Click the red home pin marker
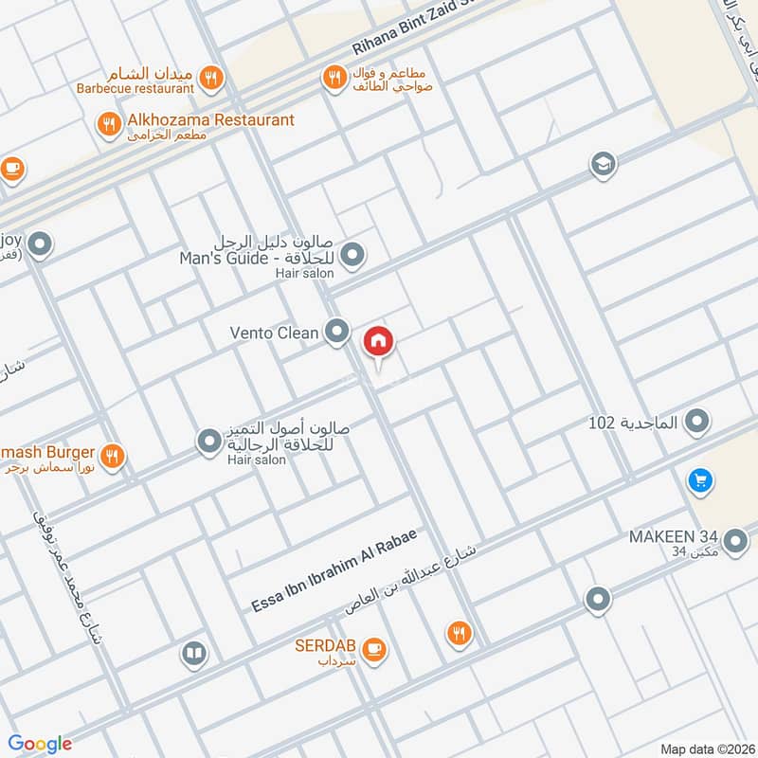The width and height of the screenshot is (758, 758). tap(378, 341)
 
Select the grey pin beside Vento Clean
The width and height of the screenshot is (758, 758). tap(336, 332)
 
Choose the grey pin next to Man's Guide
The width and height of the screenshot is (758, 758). tap(352, 255)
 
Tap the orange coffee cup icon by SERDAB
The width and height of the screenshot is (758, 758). tap(374, 648)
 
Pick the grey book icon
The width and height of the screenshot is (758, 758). tap(193, 654)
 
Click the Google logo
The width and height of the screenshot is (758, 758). tap(40, 744)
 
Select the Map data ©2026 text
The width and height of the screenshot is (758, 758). tap(706, 749)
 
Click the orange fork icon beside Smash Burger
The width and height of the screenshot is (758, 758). tap(113, 457)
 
